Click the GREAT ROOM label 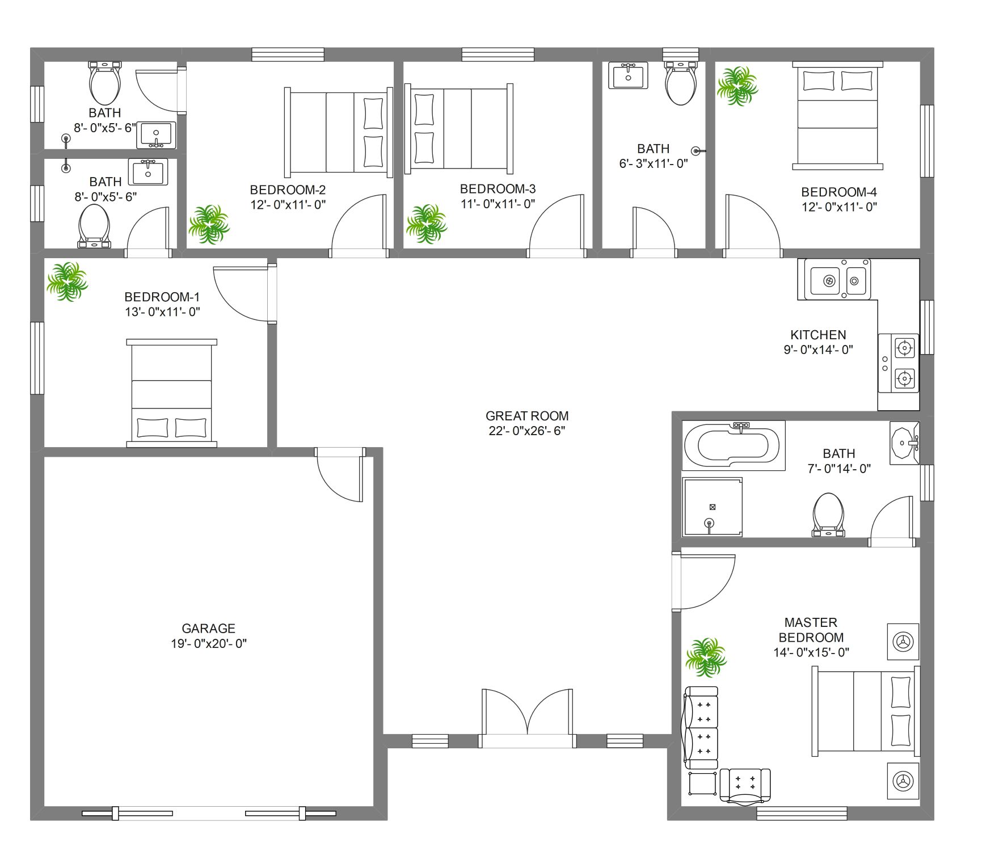coord(527,416)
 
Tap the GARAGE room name coord(208,628)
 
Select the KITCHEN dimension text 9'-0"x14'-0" coord(818,349)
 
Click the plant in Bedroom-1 coord(67,281)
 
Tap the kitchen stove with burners coord(899,363)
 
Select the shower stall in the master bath coord(713,507)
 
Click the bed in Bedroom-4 coord(837,116)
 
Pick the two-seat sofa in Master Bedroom coord(701,728)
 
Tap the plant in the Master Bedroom coord(706,658)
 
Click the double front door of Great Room coord(527,718)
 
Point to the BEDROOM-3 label coord(498,189)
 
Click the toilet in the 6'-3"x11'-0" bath coord(681,83)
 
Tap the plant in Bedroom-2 coord(209,225)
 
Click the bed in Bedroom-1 coord(171,393)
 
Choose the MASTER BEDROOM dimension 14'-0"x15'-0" coord(811,652)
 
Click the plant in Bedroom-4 coord(737,86)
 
